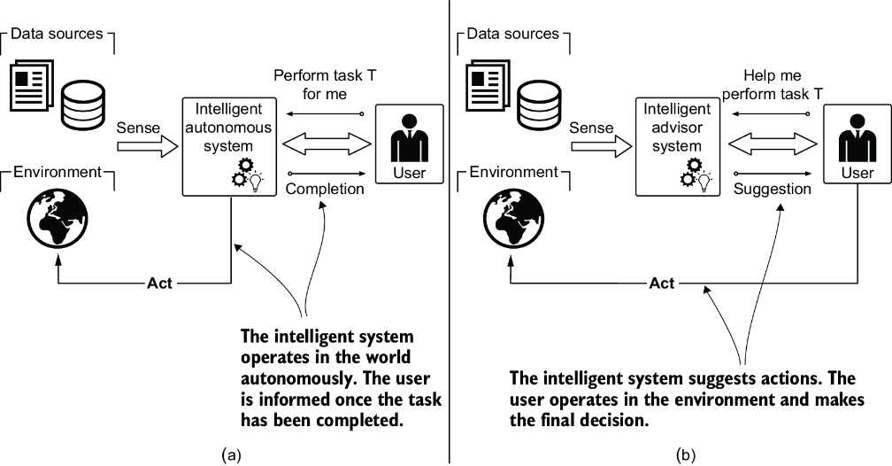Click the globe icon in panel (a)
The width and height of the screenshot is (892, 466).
click(58, 220)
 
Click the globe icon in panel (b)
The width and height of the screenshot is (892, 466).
click(513, 220)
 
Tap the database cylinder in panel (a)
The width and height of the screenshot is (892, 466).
click(83, 105)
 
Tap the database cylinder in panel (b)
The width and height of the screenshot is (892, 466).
click(539, 105)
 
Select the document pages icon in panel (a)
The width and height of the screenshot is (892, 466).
click(32, 85)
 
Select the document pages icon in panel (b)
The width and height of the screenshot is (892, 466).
click(488, 85)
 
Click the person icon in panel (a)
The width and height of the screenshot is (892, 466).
click(409, 138)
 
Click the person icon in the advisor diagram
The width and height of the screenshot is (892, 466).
click(857, 138)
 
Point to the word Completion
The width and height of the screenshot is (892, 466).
click(325, 189)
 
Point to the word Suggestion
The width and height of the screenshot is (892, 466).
click(772, 189)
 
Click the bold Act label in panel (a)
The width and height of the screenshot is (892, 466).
click(159, 283)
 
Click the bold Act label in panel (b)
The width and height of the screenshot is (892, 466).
click(662, 283)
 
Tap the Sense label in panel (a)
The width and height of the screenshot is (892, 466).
click(138, 128)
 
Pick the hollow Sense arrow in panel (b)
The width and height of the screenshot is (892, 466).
click(602, 147)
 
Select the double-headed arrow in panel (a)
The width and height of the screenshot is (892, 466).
click(327, 144)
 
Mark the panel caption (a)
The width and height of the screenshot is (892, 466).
click(230, 454)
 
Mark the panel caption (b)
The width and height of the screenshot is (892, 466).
click(686, 454)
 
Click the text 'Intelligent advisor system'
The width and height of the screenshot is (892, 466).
click(677, 128)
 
